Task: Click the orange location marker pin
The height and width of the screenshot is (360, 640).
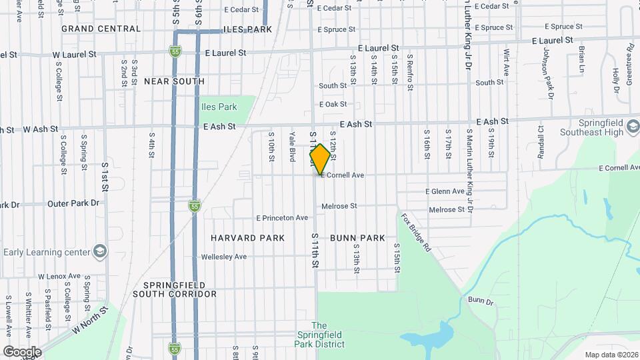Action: tap(320, 159)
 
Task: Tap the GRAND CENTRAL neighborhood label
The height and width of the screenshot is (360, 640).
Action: tap(101, 29)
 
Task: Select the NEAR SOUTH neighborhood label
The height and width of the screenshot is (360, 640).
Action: tap(174, 81)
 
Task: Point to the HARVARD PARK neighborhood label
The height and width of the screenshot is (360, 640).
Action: tap(247, 238)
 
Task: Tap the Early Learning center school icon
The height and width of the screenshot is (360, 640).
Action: tap(99, 251)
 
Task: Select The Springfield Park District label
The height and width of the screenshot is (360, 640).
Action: tap(319, 335)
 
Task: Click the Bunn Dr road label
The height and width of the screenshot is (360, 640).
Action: tap(479, 301)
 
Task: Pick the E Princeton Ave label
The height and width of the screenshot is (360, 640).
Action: tap(282, 217)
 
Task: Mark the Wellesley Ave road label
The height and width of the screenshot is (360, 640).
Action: tap(224, 257)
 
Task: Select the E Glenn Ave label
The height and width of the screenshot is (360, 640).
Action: tap(445, 191)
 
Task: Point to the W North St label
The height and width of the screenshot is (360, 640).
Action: tap(90, 321)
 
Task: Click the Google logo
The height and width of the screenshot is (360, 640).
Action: tap(22, 352)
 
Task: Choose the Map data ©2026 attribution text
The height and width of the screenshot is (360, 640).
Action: tap(611, 354)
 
